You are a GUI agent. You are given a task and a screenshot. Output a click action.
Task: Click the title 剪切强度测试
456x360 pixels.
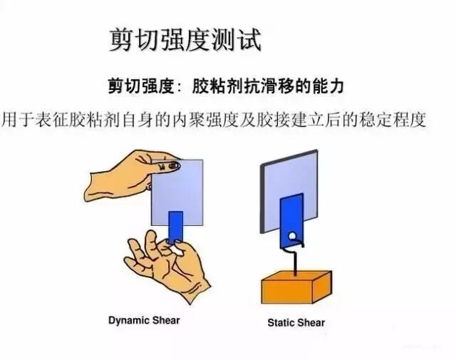pos(185,40)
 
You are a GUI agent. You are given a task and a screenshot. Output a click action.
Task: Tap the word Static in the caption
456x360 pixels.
pos(279,322)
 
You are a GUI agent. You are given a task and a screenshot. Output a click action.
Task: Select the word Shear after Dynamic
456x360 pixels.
pos(166,320)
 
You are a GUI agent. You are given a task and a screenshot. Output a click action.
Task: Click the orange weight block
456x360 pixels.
pos(296,287)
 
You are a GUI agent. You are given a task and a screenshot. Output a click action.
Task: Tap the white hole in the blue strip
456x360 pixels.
pos(293,236)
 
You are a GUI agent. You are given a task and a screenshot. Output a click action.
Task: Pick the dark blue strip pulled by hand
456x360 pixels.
pos(176,227)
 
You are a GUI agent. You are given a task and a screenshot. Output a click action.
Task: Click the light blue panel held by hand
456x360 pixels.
pos(177,192)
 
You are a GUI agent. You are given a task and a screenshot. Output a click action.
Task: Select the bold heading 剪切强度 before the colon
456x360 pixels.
pos(141,86)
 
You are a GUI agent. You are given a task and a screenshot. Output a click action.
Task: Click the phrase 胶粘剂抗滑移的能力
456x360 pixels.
pos(268,86)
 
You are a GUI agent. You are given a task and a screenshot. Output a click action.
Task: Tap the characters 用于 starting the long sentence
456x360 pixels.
pos(17,119)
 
